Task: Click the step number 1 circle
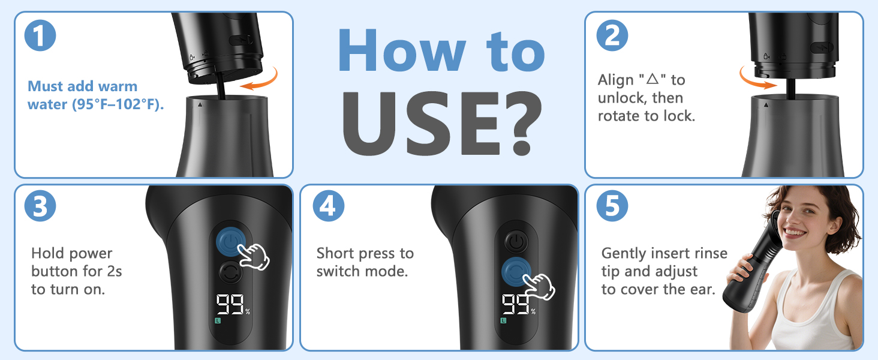tap(40, 35)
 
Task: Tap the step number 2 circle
tap(612, 35)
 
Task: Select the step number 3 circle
tap(40, 206)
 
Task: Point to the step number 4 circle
tap(329, 206)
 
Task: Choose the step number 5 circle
tap(612, 206)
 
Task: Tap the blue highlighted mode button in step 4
tap(516, 271)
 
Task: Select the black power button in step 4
tap(516, 242)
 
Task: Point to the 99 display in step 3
tap(230, 305)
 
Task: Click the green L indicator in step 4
tap(504, 321)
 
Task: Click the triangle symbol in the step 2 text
tap(653, 79)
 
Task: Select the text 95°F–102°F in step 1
tap(117, 104)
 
